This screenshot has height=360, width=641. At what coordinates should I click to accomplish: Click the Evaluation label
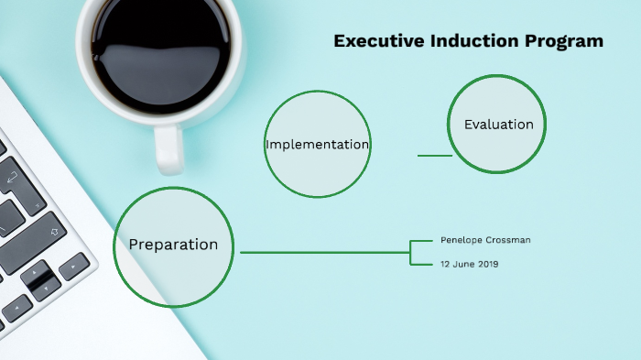[498, 125]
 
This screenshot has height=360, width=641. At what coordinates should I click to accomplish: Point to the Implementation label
[317, 145]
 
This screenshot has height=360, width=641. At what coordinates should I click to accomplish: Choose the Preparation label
[173, 245]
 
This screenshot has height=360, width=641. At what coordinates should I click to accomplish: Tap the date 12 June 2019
[469, 264]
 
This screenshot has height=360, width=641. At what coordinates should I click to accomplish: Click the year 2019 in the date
[487, 264]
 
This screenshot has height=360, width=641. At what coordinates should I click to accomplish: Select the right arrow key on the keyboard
[74, 267]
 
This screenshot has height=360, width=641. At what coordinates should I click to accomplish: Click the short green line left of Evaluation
[435, 156]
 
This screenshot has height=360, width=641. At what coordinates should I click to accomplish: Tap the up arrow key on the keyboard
[36, 272]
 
